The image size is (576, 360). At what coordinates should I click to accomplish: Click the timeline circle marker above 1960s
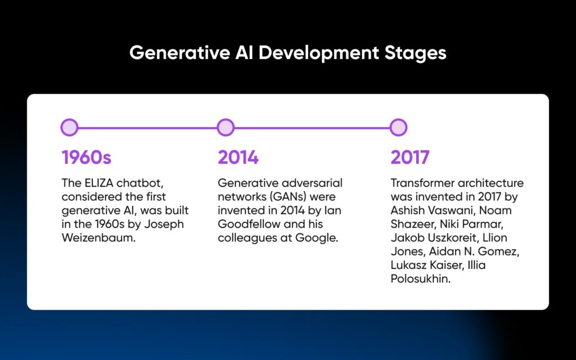(x=69, y=128)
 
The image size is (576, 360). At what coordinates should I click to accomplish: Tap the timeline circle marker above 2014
(x=226, y=128)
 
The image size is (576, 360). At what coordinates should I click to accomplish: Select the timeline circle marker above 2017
(x=398, y=128)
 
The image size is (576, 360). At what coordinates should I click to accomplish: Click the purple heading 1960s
(x=87, y=157)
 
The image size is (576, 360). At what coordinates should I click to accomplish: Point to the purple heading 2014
(x=238, y=157)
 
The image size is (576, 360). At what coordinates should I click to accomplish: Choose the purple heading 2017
(x=410, y=157)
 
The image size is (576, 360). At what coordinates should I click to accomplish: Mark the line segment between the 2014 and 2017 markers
(x=312, y=128)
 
